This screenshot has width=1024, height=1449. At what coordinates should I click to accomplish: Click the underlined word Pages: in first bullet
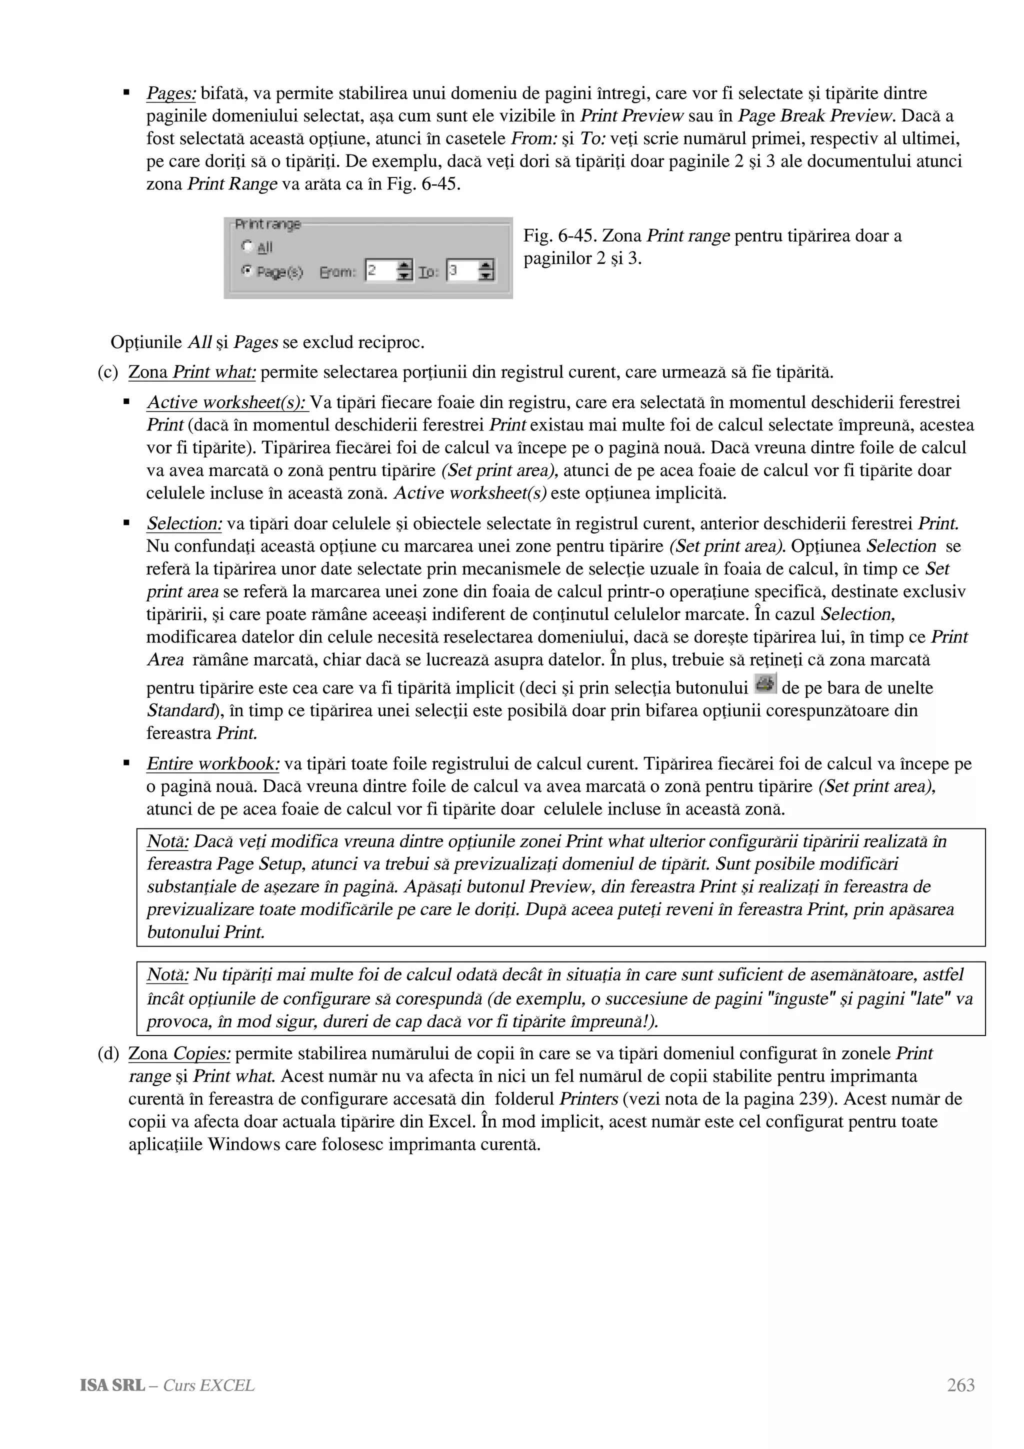(x=170, y=94)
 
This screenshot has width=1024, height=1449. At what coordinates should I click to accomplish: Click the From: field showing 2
(x=380, y=271)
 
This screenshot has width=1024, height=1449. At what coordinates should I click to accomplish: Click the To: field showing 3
(x=461, y=271)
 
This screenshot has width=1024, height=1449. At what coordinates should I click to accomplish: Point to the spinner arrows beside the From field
(x=405, y=271)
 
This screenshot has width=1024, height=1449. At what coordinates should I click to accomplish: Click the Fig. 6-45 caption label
(x=558, y=236)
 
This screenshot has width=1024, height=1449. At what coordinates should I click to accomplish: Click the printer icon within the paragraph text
(x=765, y=684)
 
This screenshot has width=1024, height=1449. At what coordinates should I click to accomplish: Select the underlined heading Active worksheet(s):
(x=226, y=402)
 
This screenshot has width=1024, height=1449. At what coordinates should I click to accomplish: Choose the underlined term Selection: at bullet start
(x=184, y=524)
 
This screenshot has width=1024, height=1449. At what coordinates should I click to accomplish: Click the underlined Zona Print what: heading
(x=192, y=373)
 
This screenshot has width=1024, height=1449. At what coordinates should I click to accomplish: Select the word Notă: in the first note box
(x=167, y=842)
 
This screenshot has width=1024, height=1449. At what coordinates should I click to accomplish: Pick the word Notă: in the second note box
(x=167, y=975)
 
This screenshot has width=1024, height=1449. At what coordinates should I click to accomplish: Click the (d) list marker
(x=108, y=1054)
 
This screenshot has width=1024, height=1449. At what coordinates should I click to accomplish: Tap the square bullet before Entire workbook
(x=127, y=763)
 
